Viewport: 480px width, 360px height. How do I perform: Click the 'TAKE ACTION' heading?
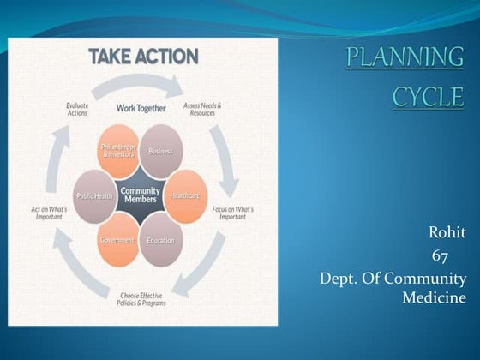tap(143, 57)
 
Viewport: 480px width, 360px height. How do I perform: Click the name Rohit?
tap(445, 233)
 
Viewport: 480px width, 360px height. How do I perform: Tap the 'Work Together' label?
tap(141, 108)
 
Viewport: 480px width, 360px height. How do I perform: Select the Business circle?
tap(160, 151)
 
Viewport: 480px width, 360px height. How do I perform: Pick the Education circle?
tap(160, 240)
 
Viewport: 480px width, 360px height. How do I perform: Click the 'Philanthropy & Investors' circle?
tap(118, 151)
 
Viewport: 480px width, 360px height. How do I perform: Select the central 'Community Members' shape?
tap(140, 195)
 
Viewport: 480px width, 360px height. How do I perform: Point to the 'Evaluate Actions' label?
tap(77, 109)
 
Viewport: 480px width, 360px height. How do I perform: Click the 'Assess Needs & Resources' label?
tap(202, 109)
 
